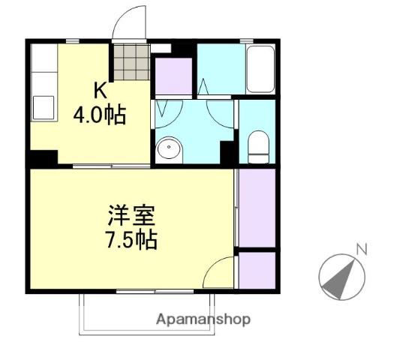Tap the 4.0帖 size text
[x=98, y=116]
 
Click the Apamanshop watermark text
[x=203, y=319]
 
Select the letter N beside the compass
[x=361, y=249]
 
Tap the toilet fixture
[x=257, y=146]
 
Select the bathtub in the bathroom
[x=260, y=69]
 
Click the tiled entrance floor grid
[x=131, y=62]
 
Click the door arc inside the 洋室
[x=219, y=271]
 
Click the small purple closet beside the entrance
[x=173, y=74]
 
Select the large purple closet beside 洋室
[x=257, y=206]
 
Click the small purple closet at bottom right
[x=257, y=270]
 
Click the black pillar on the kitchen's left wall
[x=43, y=159]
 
